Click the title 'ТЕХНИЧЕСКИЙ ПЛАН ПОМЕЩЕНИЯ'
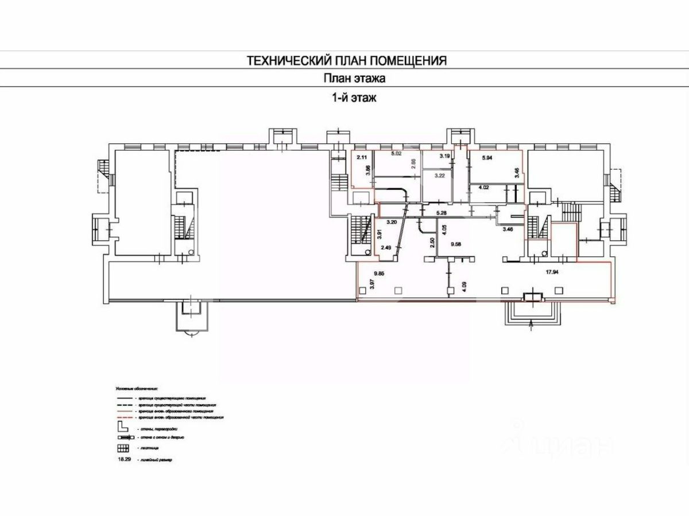tap(347, 60)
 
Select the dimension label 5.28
tap(442, 213)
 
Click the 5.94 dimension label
tap(488, 158)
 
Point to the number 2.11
tap(362, 157)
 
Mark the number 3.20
tap(393, 221)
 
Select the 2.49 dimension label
tap(386, 248)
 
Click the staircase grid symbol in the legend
tap(123, 448)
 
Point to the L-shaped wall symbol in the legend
tap(122, 427)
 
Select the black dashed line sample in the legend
tap(123, 404)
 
